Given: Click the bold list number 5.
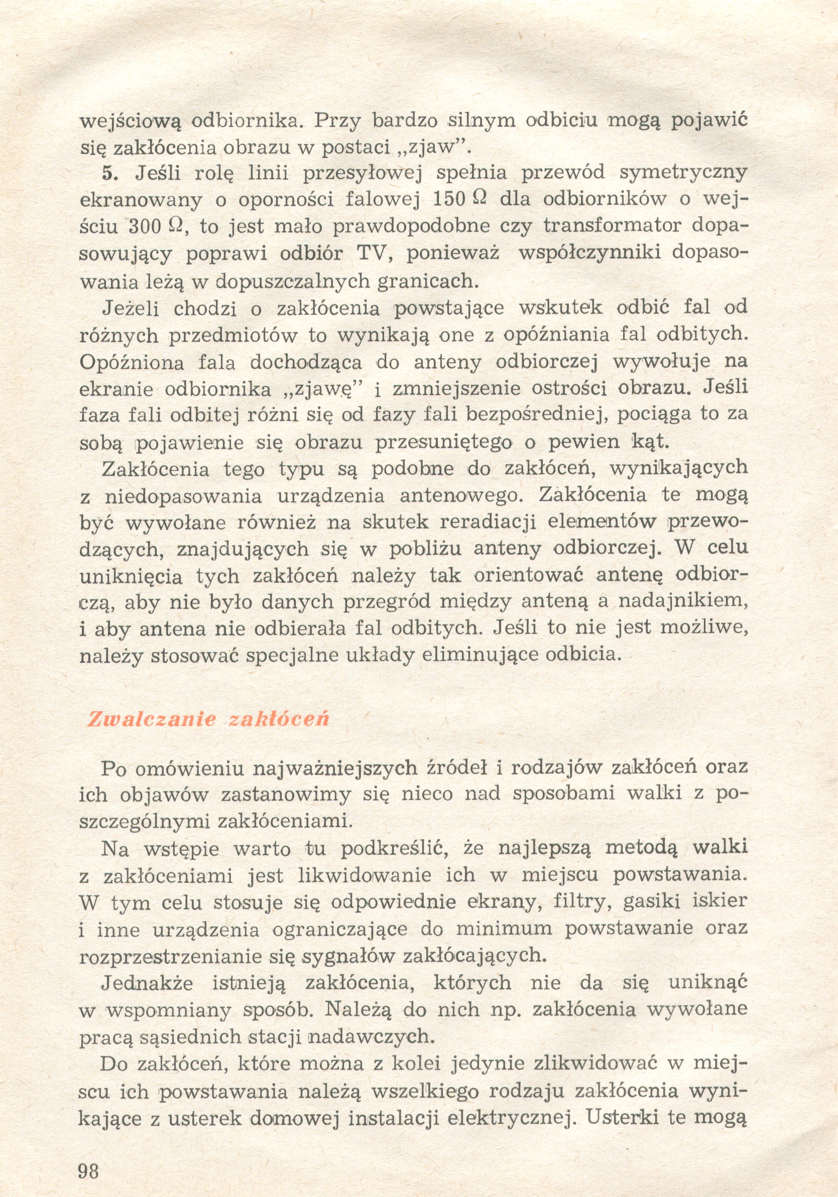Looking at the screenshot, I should [111, 173].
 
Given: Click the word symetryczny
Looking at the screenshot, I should [682, 173].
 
